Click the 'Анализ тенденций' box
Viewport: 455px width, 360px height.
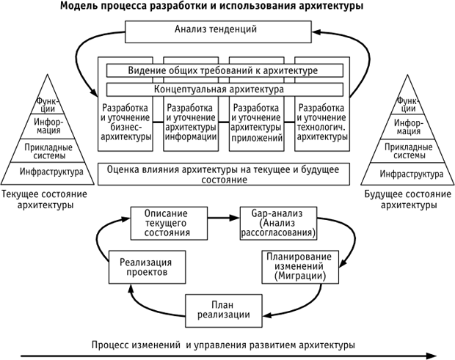(x=227, y=31)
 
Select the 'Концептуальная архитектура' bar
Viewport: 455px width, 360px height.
(x=227, y=89)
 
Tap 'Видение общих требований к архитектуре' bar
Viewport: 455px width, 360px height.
(x=227, y=70)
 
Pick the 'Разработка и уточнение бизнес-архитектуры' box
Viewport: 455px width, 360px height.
(x=126, y=122)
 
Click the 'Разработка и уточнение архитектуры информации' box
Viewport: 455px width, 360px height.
(x=192, y=122)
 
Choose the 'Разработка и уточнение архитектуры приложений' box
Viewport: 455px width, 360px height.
(x=257, y=122)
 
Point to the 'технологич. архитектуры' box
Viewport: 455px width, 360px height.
(x=323, y=122)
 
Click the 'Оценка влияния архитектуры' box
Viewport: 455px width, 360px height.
(x=227, y=174)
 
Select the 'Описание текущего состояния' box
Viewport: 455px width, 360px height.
(x=161, y=221)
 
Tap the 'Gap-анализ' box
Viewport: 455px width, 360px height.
(x=278, y=222)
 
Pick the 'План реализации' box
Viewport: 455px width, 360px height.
(x=224, y=309)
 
